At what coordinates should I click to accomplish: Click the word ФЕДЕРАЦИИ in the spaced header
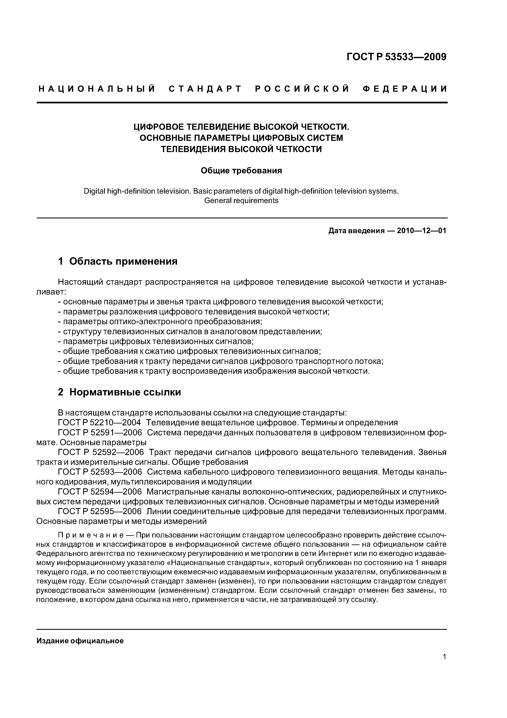[405, 89]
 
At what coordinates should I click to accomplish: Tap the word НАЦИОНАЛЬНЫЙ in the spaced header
[97, 89]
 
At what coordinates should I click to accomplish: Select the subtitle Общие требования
[241, 170]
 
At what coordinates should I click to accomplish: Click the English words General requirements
[241, 200]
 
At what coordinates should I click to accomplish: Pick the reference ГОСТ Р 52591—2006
[100, 433]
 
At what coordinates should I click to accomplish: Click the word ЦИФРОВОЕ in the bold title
[158, 127]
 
